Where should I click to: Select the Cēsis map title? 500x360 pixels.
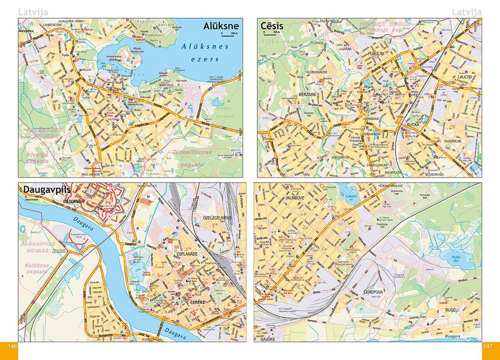272,25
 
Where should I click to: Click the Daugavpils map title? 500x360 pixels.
47,190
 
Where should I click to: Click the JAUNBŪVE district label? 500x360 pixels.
295,199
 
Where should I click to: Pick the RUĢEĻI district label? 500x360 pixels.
445,310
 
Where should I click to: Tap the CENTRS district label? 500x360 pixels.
196,302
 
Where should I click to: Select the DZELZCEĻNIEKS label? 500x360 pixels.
215,218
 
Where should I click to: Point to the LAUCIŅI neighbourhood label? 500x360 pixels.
465,77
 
